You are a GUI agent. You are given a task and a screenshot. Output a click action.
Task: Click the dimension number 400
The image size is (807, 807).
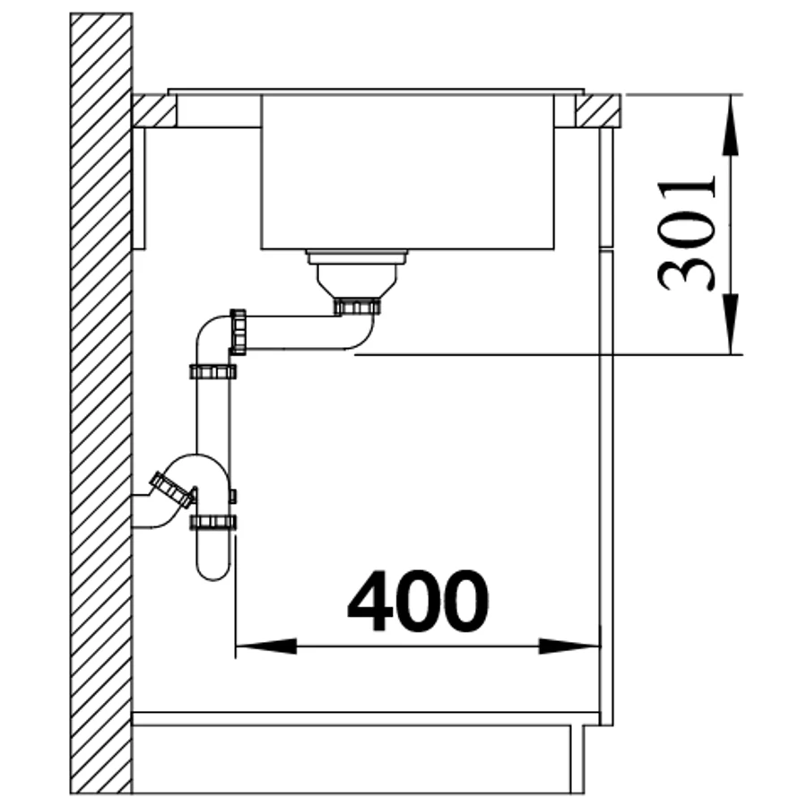(x=418, y=601)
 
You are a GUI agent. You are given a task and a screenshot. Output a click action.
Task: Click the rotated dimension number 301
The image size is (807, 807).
(x=687, y=234)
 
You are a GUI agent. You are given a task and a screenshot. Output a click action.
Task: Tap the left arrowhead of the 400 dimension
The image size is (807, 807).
(x=266, y=646)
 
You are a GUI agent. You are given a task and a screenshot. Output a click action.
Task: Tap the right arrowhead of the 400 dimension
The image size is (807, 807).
(x=569, y=646)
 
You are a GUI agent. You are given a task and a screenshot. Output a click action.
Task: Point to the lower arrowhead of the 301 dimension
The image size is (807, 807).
(x=730, y=325)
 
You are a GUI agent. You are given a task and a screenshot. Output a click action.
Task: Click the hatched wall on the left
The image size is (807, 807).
(x=101, y=403)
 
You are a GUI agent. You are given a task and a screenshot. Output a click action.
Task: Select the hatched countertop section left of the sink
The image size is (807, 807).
(x=154, y=110)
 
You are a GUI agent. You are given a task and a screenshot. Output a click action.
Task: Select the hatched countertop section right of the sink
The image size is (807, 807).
(x=597, y=110)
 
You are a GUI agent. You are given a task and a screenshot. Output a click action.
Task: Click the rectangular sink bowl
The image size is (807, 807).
(x=408, y=172)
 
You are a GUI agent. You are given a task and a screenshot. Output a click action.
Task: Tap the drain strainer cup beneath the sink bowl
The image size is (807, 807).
(x=357, y=274)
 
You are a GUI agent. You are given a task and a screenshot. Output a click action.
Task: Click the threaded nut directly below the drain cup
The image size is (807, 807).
(x=357, y=307)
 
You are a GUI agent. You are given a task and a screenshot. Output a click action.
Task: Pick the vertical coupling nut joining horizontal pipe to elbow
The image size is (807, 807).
(x=238, y=332)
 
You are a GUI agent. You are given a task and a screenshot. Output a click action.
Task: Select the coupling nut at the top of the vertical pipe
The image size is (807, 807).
(x=213, y=371)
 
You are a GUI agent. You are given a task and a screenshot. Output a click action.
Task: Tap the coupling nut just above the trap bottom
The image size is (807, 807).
(x=213, y=523)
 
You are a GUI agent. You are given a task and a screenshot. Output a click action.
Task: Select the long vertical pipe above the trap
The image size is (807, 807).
(x=213, y=416)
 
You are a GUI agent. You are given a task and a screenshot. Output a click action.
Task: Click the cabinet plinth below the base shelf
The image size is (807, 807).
(x=358, y=759)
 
